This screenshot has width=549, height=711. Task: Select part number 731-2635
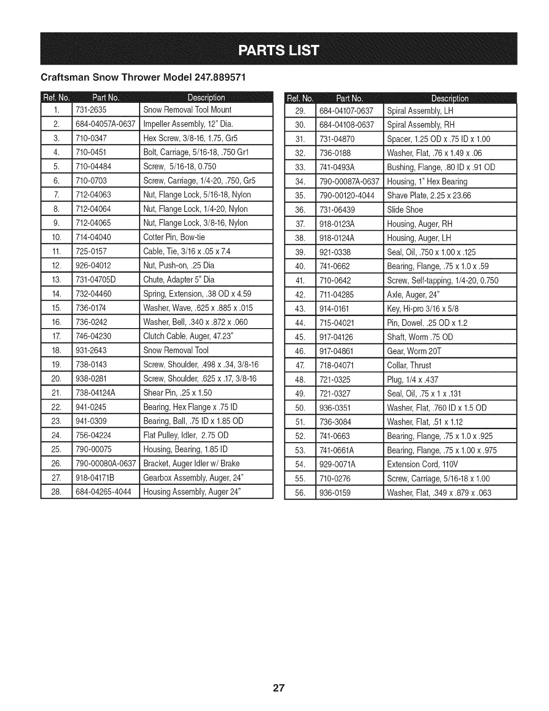pos(91,110)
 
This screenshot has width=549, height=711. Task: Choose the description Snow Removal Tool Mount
pos(187,110)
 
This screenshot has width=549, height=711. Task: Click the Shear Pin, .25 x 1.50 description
pos(178,393)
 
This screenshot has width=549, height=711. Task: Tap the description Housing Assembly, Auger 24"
pos(192,492)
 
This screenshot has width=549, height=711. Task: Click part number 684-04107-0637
pos(346,110)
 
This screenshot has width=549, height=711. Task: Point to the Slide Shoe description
pos(405,210)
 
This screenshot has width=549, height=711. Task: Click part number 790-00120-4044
pos(347,196)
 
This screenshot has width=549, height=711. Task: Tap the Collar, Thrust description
pos(409,365)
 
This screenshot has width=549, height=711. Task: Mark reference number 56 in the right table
pos(301,493)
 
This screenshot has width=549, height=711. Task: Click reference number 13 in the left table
pos(56,280)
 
